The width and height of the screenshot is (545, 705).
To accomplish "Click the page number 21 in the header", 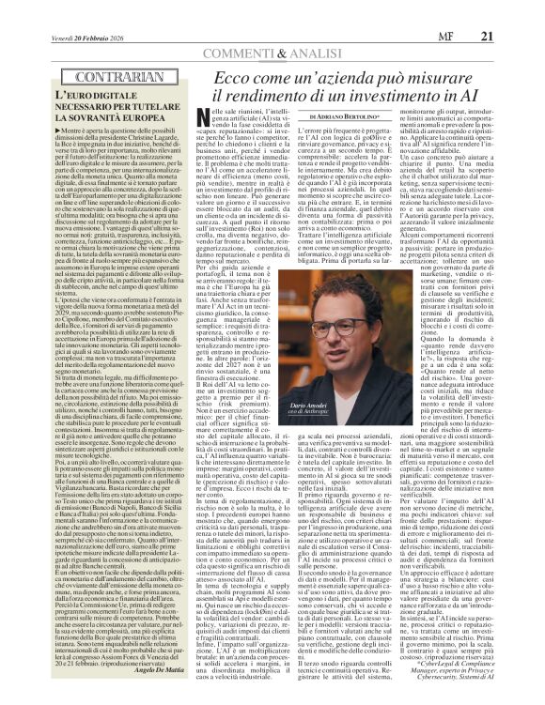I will click(x=513, y=10).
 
